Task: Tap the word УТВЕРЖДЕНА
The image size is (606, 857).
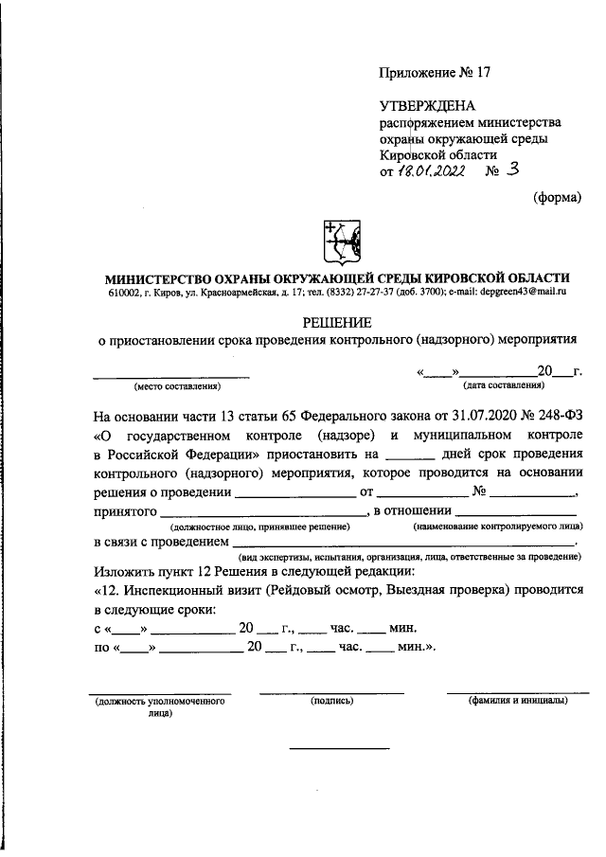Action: [x=427, y=106]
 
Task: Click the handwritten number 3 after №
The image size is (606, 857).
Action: [x=513, y=170]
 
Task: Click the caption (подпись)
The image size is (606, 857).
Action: [x=331, y=701]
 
